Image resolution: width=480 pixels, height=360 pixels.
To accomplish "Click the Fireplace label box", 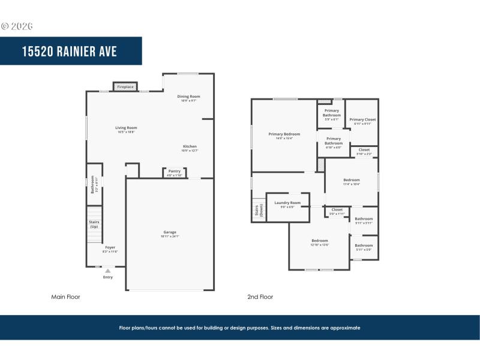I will tap(125, 87).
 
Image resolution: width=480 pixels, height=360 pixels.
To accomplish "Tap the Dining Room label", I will tap(188, 97).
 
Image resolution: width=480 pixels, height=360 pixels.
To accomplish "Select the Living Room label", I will tap(126, 128).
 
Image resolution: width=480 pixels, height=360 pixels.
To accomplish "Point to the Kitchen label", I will tap(190, 147).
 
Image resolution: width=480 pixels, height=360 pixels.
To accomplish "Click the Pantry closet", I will tap(174, 172).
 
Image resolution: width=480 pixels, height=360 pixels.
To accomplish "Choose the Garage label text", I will tap(170, 232).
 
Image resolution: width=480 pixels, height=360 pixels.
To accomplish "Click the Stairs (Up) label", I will tap(94, 224).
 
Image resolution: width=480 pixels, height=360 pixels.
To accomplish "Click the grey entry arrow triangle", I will tap(108, 271).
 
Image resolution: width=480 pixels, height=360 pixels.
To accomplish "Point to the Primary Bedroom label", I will tap(284, 134).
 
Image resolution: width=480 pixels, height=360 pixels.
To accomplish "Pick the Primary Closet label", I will tap(362, 120).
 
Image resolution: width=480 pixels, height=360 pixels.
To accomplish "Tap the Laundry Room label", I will tap(287, 203).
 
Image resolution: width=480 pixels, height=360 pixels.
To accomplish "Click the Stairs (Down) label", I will tap(259, 210).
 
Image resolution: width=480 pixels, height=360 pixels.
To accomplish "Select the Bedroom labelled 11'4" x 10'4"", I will tap(352, 181).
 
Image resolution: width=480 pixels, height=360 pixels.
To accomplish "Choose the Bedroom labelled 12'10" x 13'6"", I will tap(319, 241).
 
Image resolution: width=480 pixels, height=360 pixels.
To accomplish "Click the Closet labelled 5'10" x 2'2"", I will tap(364, 150).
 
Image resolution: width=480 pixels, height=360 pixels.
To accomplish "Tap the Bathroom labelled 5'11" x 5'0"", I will tap(364, 246).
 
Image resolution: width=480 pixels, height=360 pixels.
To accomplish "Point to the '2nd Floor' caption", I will tap(260, 296).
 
